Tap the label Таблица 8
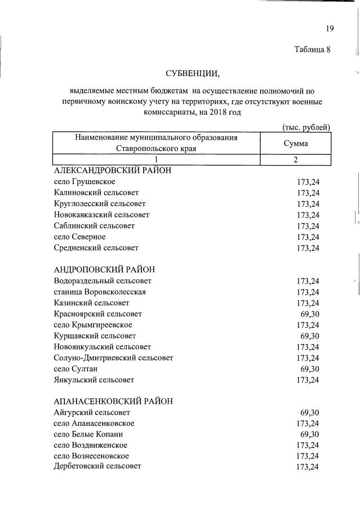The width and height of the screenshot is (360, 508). pos(312,49)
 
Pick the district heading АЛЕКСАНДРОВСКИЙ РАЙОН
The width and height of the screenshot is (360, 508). pos(112,170)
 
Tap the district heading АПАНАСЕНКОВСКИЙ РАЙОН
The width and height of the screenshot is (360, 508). pos(113,402)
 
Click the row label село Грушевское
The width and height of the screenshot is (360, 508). pos(85,182)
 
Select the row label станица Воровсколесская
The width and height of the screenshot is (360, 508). pos(100,292)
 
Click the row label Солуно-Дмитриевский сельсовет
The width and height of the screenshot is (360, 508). pos(113,358)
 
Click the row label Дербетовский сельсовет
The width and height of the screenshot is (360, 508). pos(97,466)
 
